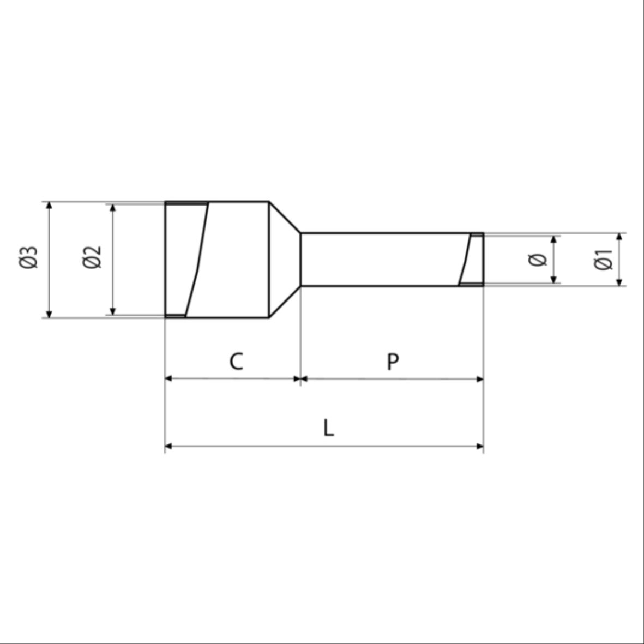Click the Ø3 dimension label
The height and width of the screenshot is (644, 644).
click(28, 257)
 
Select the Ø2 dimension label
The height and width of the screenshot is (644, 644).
click(92, 257)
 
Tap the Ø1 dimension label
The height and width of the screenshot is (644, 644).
click(603, 260)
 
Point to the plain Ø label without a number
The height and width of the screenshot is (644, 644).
click(538, 260)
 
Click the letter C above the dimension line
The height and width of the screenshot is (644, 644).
click(236, 362)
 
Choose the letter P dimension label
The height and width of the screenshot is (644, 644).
click(393, 362)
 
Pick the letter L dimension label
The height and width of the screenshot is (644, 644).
click(328, 428)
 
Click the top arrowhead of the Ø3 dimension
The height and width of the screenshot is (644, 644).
click(49, 206)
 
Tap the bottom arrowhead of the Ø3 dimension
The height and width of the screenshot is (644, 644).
click(49, 314)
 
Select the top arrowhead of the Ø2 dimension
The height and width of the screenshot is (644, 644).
click(113, 208)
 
